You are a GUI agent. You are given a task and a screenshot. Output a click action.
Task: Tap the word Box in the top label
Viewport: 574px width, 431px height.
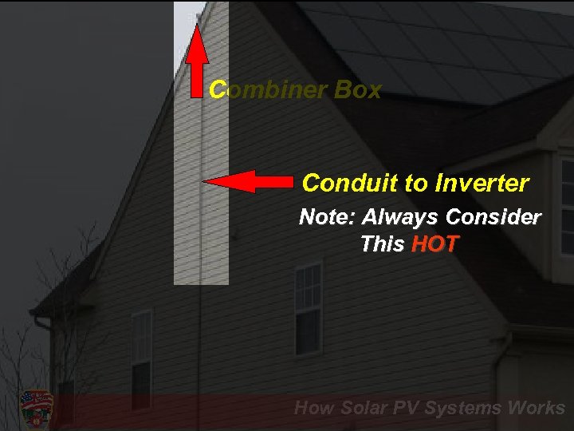[359, 90]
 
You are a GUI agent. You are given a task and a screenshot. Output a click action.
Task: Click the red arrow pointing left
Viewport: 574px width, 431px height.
[247, 182]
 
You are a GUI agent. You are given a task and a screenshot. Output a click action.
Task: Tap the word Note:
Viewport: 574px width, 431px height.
[328, 217]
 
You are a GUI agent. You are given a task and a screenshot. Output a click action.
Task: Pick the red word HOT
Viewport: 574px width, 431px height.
[435, 244]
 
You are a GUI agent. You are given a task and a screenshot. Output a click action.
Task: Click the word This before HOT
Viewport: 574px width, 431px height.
[383, 244]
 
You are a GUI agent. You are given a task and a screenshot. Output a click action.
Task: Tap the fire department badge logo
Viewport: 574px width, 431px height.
[36, 408]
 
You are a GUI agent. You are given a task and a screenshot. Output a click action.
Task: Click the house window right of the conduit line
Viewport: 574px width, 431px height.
[308, 309]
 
